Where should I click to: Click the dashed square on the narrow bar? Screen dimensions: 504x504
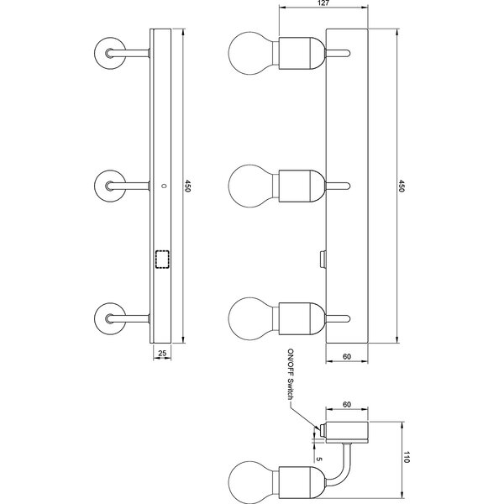pos(162,259)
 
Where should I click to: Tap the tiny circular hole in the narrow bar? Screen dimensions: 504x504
pos(164,184)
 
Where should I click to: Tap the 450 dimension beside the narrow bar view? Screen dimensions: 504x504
pos(188,185)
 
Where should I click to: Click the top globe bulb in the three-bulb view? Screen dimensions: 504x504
pos(249,52)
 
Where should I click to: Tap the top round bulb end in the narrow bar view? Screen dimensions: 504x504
pos(109,52)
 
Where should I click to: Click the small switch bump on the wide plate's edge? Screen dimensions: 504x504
pos(323,258)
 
